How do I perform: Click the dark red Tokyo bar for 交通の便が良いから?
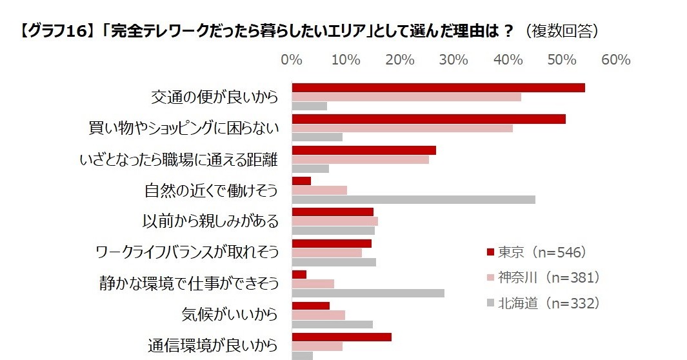point(438,88)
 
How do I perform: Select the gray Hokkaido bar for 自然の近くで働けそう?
point(413,199)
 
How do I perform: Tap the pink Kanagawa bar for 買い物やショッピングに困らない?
point(402,128)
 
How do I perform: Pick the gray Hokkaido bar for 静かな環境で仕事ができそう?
point(368,294)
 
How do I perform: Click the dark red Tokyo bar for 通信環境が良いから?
point(341,337)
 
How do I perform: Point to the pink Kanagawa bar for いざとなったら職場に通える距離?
point(360,159)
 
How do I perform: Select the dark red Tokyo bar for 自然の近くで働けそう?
point(301,181)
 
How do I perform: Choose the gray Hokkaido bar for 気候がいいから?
point(332,325)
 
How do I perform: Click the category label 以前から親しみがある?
point(210,221)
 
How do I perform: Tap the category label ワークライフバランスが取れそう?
point(186,252)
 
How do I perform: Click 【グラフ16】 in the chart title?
point(57,32)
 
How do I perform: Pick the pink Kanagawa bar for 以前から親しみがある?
point(335,221)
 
